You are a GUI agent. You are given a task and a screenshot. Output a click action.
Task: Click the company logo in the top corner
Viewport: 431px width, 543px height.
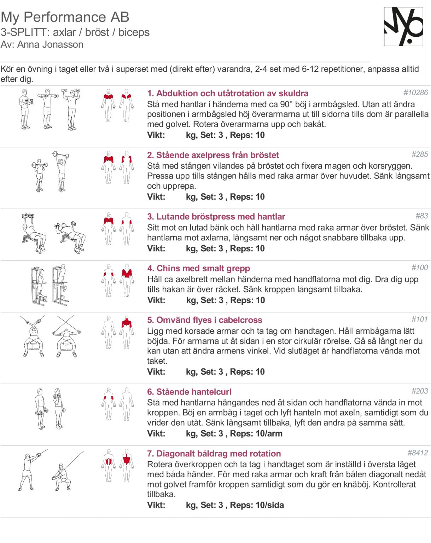pos(403,27)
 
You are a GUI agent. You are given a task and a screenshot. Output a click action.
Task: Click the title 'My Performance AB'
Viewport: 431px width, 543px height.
pos(65,17)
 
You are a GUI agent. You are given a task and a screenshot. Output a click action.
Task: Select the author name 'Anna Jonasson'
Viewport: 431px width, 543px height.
pos(50,45)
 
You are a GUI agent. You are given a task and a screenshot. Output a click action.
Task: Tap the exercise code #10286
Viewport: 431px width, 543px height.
pos(415,93)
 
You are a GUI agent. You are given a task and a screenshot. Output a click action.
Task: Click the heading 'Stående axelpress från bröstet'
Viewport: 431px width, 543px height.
pos(217,155)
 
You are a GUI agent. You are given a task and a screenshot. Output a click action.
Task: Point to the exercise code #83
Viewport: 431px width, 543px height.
pos(422,216)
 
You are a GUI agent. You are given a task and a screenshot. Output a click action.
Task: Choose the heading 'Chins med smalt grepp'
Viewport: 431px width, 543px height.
pos(203,268)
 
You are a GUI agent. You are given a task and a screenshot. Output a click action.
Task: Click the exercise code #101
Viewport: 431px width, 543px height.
pos(420,319)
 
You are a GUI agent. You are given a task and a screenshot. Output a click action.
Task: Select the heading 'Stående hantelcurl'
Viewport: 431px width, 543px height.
pos(194,392)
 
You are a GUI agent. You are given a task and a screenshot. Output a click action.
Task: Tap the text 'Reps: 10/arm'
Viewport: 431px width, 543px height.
pos(256,433)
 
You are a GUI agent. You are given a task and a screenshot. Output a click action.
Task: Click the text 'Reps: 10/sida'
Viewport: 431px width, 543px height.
pos(257,505)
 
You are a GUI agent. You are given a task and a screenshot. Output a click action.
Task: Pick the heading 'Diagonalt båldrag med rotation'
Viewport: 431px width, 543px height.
pos(219,454)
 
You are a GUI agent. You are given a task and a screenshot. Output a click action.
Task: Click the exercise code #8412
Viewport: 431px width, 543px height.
pos(418,452)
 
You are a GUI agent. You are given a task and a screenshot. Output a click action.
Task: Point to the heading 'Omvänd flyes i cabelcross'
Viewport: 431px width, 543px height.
pos(209,320)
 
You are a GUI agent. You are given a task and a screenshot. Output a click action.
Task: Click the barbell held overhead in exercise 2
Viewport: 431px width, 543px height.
pos(60,154)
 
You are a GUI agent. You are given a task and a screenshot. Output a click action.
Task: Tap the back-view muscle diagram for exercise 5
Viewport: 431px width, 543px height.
pos(127,332)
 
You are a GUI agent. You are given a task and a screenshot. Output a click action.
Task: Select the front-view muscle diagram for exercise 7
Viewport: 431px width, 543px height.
pos(109,466)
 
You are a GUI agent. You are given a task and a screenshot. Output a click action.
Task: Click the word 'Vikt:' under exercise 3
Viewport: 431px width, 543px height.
pos(156,249)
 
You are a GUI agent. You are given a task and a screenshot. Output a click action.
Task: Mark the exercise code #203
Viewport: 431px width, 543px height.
pos(420,391)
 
